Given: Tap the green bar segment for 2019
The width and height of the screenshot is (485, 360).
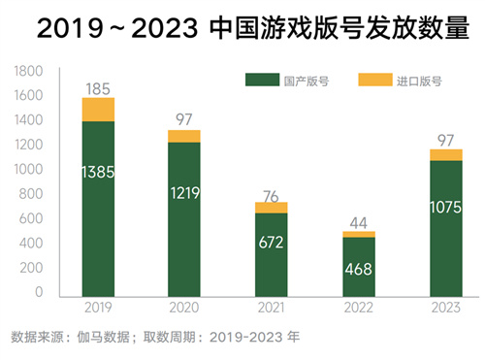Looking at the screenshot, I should coord(98,209).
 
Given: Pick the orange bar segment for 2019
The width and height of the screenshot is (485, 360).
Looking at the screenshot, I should coord(98,110).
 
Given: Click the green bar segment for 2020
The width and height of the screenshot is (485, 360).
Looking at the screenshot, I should coord(184,219).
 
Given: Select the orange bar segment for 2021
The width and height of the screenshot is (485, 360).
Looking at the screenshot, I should coord(271,208).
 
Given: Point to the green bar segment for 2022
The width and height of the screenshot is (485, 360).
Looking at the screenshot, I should coord(358,267).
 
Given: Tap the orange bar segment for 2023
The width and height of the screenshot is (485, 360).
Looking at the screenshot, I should coord(445,154).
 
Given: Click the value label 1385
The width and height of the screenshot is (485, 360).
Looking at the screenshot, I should coord(98,172).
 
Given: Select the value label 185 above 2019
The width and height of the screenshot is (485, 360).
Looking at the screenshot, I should coord(98,89).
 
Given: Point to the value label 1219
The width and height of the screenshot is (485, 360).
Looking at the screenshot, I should coord(184,193).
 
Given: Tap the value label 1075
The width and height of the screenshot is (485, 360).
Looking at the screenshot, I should coord(445,205).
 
